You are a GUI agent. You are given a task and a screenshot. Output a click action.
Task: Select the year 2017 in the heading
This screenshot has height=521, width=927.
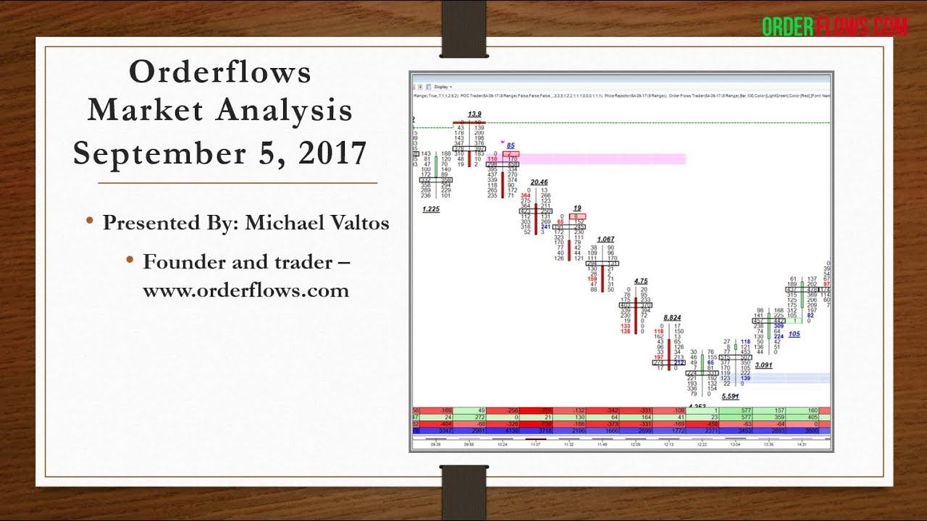tap(330, 153)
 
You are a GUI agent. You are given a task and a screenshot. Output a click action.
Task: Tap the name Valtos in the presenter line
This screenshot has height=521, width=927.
tap(357, 223)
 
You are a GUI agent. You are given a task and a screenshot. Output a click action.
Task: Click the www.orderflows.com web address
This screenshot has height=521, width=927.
tap(246, 290)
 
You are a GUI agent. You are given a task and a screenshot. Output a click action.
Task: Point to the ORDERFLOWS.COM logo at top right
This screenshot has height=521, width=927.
tap(834, 27)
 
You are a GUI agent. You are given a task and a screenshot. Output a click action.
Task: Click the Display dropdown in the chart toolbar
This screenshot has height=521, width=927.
tap(442, 85)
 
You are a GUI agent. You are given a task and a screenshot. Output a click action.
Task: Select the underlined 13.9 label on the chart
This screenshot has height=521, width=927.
tap(474, 114)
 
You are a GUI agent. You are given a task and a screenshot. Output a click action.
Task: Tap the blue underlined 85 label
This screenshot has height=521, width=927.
tap(511, 145)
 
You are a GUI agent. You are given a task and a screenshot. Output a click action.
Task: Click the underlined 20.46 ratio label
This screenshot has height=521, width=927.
tap(539, 182)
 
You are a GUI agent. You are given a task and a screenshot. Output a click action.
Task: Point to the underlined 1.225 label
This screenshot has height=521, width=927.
tap(431, 208)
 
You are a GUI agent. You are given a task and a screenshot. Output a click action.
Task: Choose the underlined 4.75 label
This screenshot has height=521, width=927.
tap(640, 281)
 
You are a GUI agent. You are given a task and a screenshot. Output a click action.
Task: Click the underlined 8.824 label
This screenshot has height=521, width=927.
tap(672, 317)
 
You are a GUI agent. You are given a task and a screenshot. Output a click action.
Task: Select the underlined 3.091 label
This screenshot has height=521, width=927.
tap(763, 365)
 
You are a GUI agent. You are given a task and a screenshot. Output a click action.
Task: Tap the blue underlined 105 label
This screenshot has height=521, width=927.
tap(794, 334)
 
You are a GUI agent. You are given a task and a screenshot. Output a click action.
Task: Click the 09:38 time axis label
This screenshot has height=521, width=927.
tap(435, 444)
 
